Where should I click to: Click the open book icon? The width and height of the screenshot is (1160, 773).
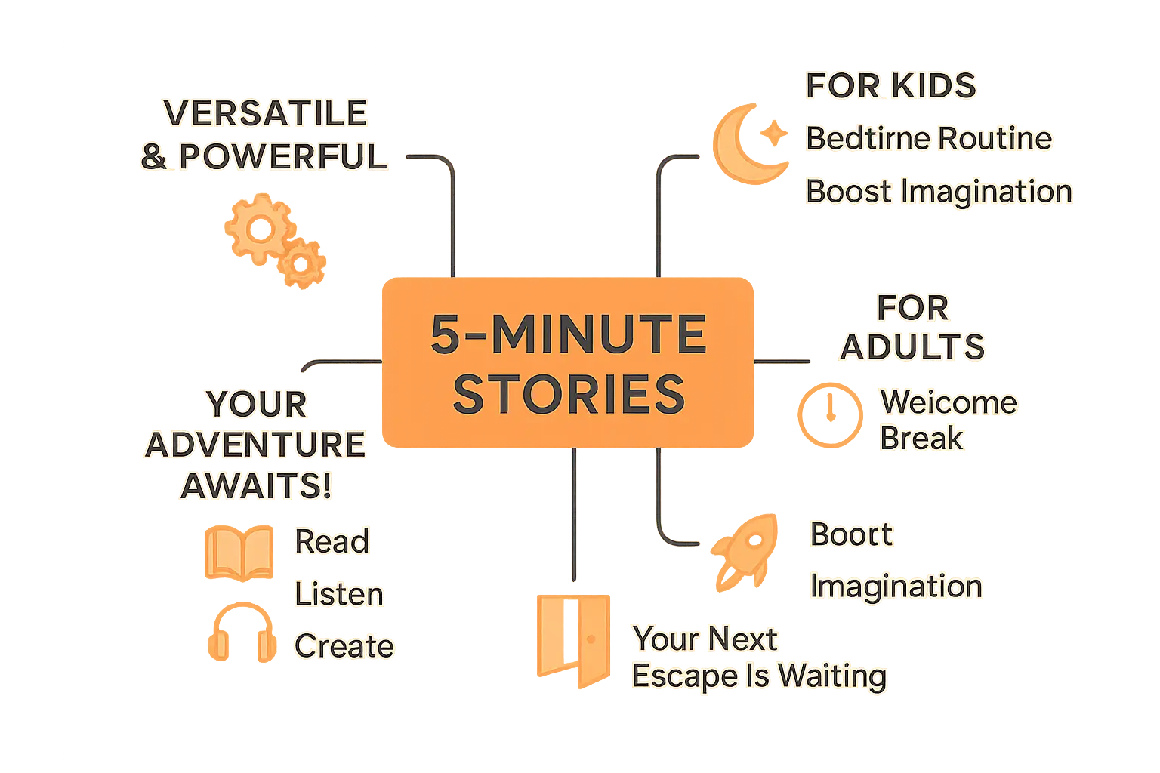tap(237, 552)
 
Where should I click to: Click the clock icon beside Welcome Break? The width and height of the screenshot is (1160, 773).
tap(831, 414)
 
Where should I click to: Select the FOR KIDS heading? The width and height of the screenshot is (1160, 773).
tap(890, 85)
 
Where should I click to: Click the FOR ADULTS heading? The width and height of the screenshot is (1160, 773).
tap(912, 328)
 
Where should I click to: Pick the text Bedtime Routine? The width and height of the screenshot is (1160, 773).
tap(928, 139)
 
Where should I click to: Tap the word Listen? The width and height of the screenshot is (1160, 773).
tap(339, 594)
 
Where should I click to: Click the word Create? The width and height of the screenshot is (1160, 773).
tap(344, 646)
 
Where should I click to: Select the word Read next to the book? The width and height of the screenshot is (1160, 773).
tap(332, 541)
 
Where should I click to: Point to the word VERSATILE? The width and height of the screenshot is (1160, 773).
tap(265, 113)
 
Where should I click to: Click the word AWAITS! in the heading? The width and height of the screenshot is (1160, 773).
tap(256, 486)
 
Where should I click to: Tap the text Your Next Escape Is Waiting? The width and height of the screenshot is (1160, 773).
tap(758, 658)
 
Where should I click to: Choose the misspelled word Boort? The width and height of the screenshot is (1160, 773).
tap(850, 534)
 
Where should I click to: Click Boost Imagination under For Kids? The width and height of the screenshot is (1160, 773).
tap(939, 192)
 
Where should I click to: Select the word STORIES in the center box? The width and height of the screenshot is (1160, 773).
tap(568, 395)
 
